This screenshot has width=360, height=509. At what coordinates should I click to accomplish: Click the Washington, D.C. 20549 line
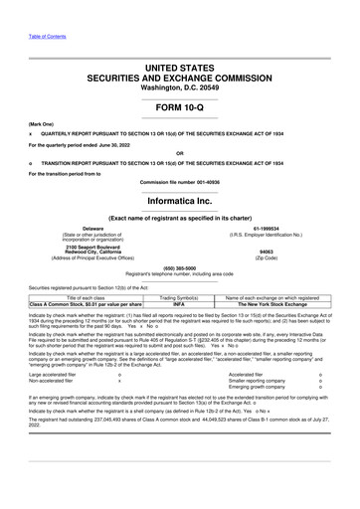tap(180, 85)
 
